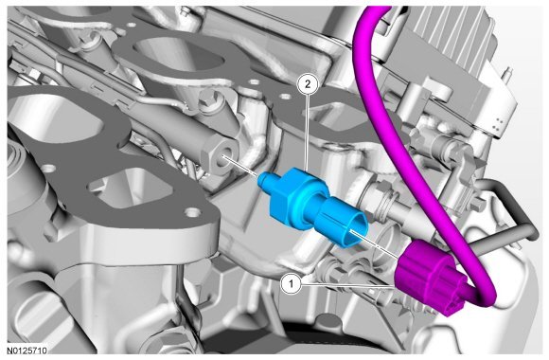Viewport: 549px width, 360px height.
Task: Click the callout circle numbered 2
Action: pos(308,84)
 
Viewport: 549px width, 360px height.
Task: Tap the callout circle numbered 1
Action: pos(292,283)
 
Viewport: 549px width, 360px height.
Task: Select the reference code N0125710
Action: pos(27,351)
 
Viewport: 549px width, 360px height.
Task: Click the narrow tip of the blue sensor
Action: pos(265,180)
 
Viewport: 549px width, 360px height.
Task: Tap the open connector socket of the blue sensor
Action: pos(354,232)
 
